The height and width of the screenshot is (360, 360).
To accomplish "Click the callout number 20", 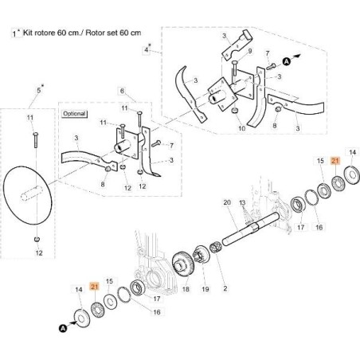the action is (x=227, y=202).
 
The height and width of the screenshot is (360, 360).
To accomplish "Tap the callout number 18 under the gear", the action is (x=186, y=289).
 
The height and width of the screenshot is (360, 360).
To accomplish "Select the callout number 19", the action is (x=205, y=289).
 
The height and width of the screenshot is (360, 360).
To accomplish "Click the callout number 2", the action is (x=225, y=288).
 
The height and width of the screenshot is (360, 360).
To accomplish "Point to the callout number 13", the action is (x=242, y=203).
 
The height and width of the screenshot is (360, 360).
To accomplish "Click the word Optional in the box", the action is (x=74, y=114).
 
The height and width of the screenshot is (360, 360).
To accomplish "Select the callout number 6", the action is (x=122, y=91).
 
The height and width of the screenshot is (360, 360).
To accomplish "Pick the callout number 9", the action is (x=250, y=51).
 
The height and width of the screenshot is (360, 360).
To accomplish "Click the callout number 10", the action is (x=241, y=128).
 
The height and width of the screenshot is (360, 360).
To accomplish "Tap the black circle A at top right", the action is (x=286, y=62).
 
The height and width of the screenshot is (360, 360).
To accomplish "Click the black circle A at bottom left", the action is (x=63, y=328).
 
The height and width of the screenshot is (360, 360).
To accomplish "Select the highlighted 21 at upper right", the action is (x=335, y=161).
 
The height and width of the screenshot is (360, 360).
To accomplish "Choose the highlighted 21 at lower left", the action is (x=95, y=287).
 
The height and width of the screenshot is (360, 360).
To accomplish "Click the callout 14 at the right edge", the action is (x=352, y=152).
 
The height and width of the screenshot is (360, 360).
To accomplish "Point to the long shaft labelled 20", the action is (x=250, y=228).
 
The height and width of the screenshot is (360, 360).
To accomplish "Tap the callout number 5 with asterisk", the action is (x=39, y=90).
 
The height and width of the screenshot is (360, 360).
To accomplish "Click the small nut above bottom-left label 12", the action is (x=37, y=239).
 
